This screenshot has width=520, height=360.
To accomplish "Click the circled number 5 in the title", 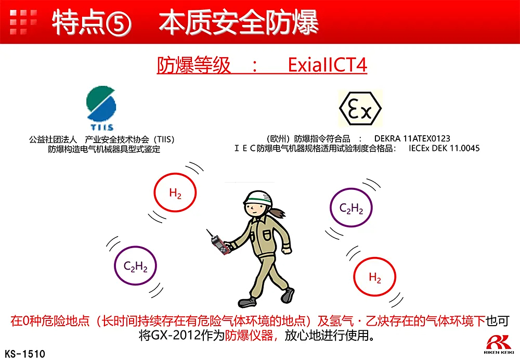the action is coord(118,23).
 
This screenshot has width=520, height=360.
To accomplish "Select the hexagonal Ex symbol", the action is coord(360,109).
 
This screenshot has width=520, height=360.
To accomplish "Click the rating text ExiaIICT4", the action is coord(327,65).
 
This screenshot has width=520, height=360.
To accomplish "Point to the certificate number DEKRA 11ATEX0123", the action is coord(412,138).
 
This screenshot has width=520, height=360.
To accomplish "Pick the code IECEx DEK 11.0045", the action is coord(444,148).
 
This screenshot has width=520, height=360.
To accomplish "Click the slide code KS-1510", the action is coord(25,354).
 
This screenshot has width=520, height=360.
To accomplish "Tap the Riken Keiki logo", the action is coord(499,345).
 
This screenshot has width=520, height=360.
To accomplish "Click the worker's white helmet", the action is coord(258,199).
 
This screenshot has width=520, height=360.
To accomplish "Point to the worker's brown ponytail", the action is coord(278,212).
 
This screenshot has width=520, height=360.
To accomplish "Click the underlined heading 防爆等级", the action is coord(193,65).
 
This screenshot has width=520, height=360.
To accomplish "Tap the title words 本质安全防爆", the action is coord(239,22).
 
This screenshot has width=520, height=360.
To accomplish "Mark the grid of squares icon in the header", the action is coord(23,22).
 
